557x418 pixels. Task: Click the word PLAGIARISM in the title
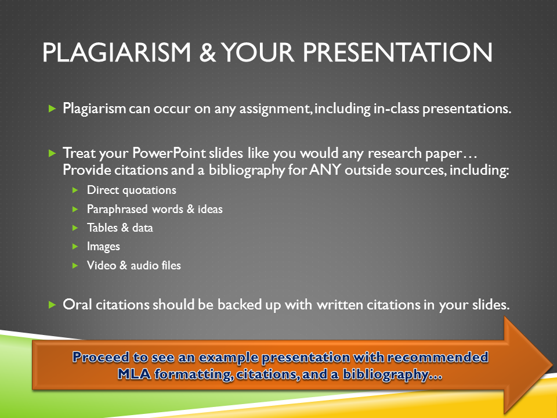tap(117, 53)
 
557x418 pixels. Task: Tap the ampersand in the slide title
tap(208, 53)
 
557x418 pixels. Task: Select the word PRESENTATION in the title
tap(397, 53)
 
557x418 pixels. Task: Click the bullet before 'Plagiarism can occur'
tap(52, 109)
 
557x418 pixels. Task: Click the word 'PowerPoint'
tap(169, 153)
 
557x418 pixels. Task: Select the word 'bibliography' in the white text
tap(247, 171)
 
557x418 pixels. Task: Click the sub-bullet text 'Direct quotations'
tap(132, 190)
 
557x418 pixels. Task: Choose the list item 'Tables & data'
tap(120, 228)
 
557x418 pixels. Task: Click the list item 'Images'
tap(103, 247)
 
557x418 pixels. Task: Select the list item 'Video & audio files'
tap(134, 265)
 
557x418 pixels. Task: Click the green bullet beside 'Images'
tap(75, 247)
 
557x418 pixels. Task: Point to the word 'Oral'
tap(77, 305)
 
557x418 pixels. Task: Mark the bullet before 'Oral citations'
tap(52, 305)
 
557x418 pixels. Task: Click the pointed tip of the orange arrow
tap(552, 365)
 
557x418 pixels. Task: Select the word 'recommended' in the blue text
tap(437, 357)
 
